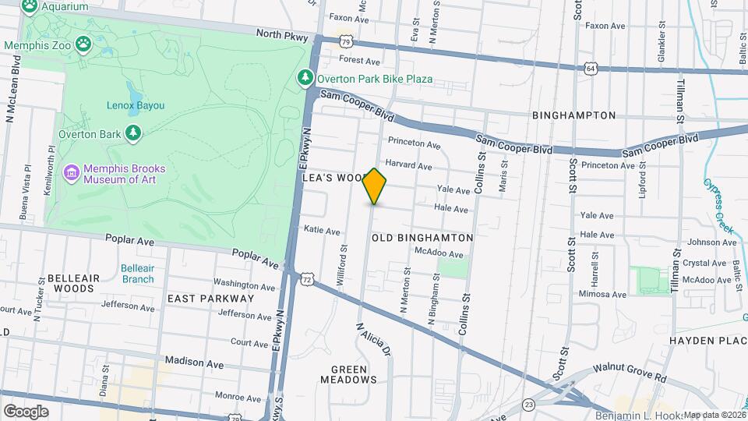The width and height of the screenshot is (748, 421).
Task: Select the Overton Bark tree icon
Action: [134, 133]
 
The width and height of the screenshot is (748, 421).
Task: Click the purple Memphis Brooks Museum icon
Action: [71, 172]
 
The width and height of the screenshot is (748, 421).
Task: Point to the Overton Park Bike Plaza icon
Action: [305, 79]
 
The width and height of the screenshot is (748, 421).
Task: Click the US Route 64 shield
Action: [591, 69]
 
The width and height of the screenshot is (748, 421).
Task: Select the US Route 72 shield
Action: [308, 278]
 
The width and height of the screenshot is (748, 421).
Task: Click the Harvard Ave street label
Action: [408, 165]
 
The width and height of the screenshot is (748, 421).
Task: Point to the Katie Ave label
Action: [322, 231]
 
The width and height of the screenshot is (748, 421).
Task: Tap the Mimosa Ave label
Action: [603, 295]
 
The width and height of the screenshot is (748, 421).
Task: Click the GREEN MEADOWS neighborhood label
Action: [348, 374]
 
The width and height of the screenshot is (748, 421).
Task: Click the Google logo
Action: [26, 411]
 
